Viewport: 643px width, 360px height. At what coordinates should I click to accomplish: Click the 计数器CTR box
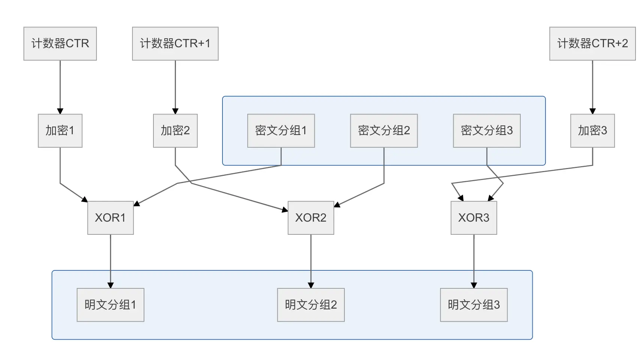(60, 43)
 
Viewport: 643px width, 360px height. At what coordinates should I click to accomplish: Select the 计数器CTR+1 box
(175, 43)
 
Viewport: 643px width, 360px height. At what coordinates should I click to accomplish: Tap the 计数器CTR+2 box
(592, 43)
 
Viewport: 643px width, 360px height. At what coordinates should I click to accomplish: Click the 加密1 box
(60, 131)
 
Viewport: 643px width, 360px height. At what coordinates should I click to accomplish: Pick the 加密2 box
(175, 131)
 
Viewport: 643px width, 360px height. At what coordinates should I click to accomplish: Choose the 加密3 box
(592, 131)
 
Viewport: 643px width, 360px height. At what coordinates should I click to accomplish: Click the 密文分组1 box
(281, 131)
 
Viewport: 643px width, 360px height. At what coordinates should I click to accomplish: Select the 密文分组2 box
(384, 131)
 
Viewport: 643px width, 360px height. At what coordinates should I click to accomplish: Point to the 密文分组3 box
(487, 131)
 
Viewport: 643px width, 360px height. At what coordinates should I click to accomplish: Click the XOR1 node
(111, 218)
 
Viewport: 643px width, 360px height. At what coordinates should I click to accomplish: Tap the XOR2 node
(311, 218)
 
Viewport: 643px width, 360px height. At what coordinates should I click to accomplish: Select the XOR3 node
(474, 218)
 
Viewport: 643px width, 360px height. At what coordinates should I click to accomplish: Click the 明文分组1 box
(111, 305)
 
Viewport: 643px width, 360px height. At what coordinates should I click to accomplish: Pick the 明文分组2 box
(311, 305)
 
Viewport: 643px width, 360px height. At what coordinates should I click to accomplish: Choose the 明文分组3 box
(474, 305)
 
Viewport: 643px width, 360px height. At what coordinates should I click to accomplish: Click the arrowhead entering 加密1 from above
(60, 111)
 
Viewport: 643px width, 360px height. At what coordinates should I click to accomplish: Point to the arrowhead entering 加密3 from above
(592, 111)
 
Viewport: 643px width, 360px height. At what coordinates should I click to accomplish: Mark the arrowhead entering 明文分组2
(311, 285)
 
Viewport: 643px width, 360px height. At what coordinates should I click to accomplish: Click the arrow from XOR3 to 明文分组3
(474, 261)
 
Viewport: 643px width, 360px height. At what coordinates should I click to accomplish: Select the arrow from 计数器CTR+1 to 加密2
(176, 87)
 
